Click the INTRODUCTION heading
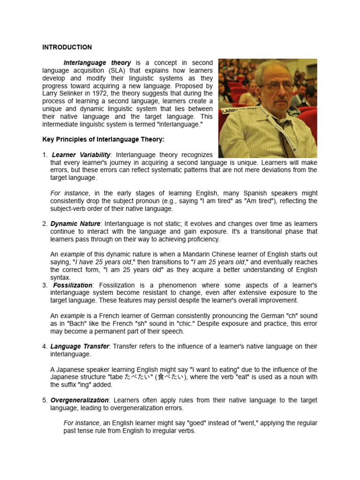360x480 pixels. pos(67,47)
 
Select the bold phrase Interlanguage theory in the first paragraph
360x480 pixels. pos(97,63)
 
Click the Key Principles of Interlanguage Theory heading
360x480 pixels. pos(103,139)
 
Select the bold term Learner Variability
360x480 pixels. pos(81,155)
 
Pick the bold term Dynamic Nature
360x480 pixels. pos(75,224)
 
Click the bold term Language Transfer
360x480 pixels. pos(80,346)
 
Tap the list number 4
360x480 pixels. pos(45,346)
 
